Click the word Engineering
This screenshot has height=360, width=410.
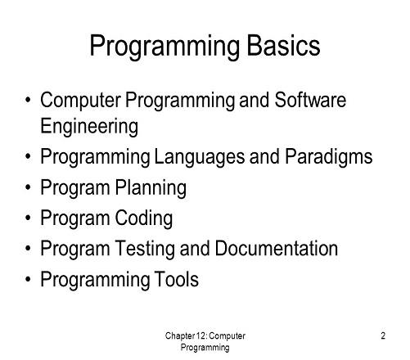point(89,126)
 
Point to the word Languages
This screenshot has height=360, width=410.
point(194,157)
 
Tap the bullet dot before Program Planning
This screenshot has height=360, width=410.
point(30,187)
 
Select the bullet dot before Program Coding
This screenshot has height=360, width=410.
point(30,218)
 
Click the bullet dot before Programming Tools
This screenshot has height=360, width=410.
point(30,280)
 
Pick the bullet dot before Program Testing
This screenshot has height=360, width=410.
point(30,249)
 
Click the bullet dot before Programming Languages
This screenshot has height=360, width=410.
point(30,156)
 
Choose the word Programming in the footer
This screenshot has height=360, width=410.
point(204,348)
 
